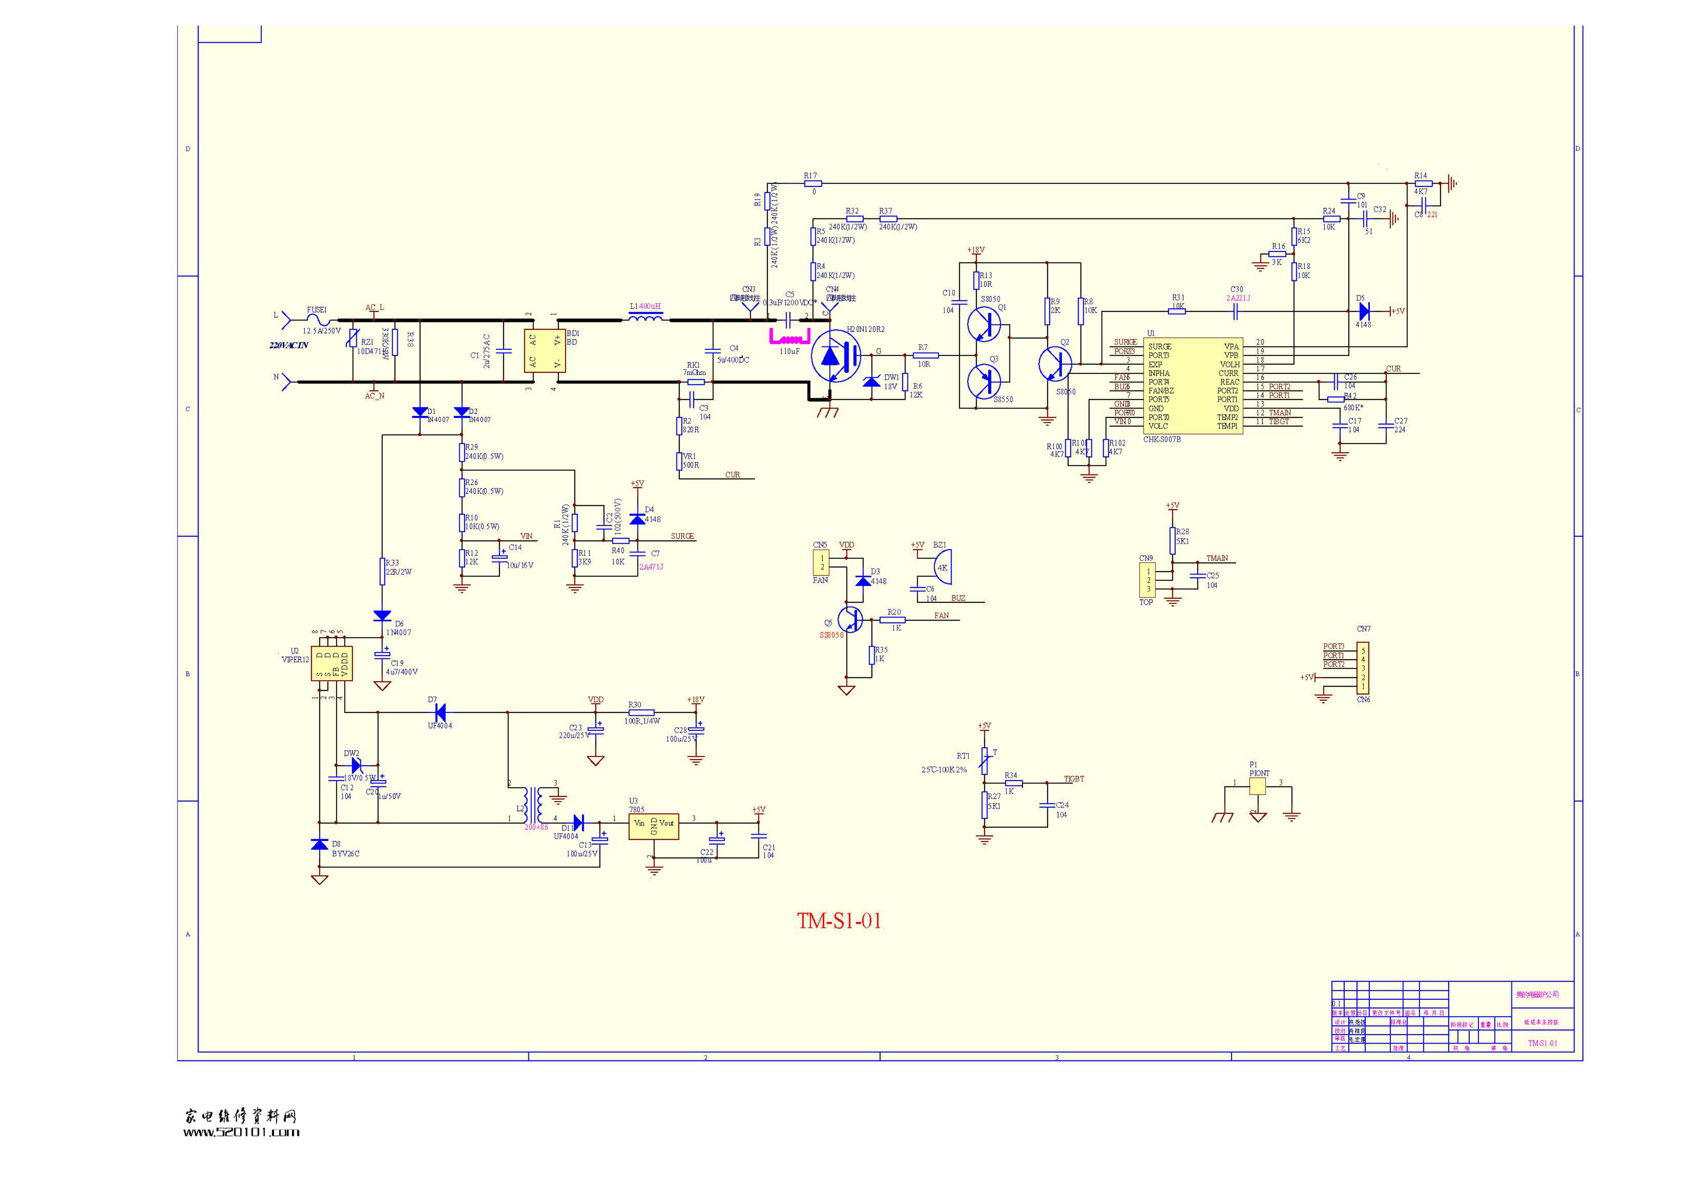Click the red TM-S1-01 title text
pos(839,921)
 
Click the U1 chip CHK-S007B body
pos(1192,386)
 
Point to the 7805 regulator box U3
pos(653,827)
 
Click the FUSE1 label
pos(317,310)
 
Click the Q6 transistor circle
pos(850,619)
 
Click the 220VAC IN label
pos(289,345)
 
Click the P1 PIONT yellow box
pos(1257,787)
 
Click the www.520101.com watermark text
pos(241,1132)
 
